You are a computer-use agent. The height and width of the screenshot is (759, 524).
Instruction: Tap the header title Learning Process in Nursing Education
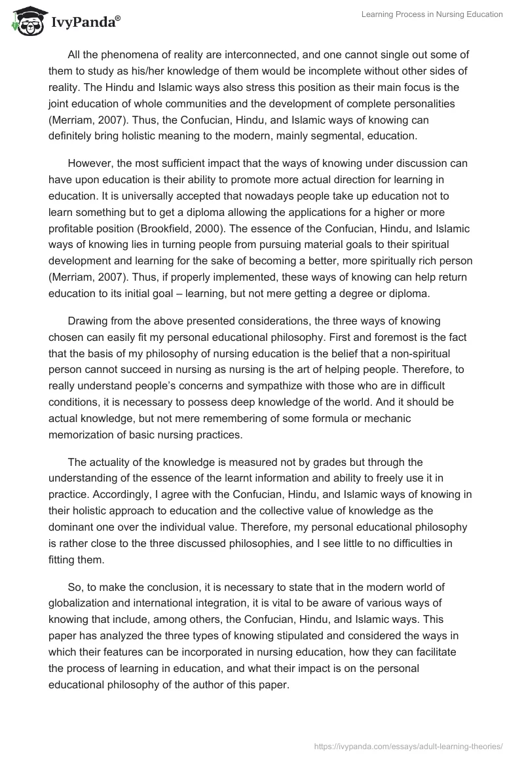[432, 15]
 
